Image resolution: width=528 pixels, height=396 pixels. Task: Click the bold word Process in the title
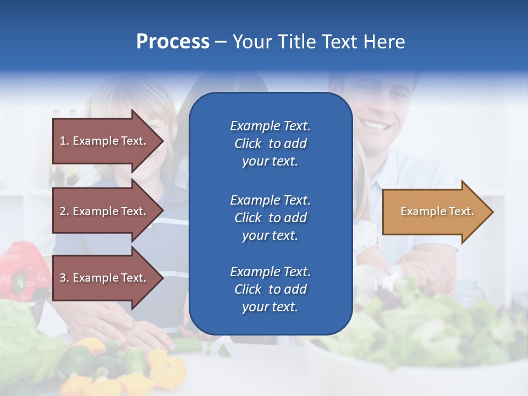173,42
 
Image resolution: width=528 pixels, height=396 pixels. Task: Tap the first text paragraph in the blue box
270,144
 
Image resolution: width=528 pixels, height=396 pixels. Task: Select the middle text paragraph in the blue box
270,218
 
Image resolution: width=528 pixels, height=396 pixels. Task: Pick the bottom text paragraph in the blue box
270,289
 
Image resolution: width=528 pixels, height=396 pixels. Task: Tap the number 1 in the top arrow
63,141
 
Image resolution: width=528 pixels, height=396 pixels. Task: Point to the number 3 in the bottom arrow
63,278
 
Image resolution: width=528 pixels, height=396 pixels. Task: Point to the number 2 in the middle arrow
63,211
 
